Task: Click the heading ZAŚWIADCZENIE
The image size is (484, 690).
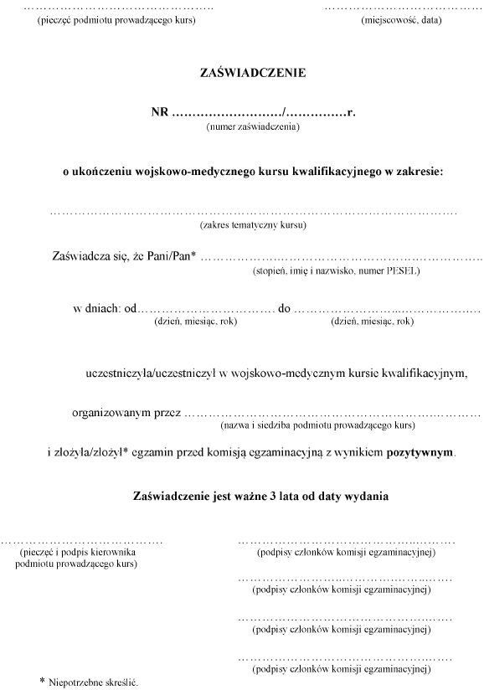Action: [x=253, y=73]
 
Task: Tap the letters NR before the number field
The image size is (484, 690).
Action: [x=159, y=112]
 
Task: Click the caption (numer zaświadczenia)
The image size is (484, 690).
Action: [x=252, y=126]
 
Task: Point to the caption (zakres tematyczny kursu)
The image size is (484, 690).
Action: [x=253, y=225]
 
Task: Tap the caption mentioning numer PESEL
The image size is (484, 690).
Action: [x=336, y=271]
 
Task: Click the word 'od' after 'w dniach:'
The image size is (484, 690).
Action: [x=130, y=308]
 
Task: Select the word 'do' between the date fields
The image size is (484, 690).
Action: [x=284, y=308]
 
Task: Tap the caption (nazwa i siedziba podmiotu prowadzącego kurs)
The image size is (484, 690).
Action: [x=317, y=426]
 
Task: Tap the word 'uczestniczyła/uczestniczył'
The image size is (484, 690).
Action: [x=152, y=372]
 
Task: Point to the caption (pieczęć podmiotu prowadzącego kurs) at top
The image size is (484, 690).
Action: [x=118, y=19]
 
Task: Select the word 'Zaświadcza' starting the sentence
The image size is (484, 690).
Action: [x=81, y=257]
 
